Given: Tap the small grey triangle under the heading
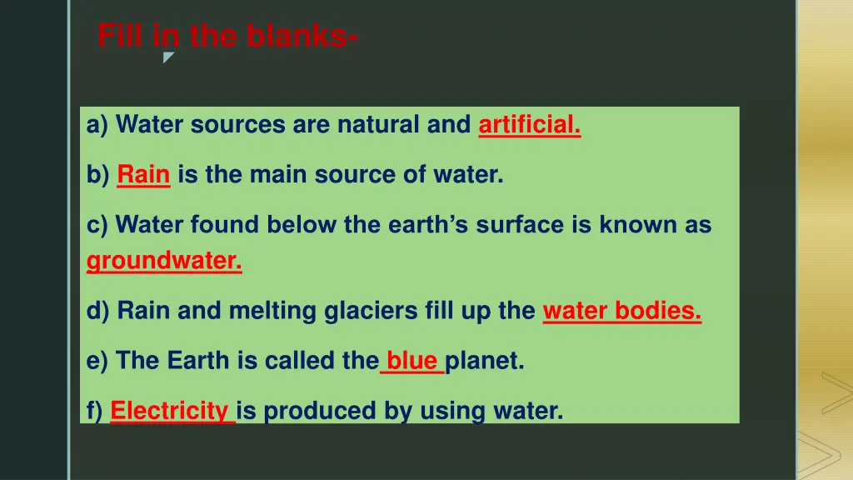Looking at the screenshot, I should coord(167,57).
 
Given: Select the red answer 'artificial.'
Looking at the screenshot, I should coord(529,125).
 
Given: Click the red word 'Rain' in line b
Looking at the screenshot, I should coord(143,175).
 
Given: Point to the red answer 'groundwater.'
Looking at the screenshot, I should coord(164,262).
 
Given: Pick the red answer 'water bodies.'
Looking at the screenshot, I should coord(621,311).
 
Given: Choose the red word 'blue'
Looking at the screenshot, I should coord(412,361).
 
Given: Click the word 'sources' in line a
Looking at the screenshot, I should coord(237,125).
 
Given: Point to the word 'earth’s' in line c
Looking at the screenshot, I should coord(417,225).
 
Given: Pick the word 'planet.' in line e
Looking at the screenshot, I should coord(485,361).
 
